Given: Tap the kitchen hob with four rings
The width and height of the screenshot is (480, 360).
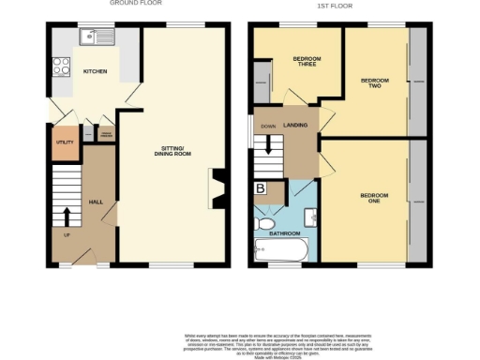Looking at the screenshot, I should click(x=62, y=66).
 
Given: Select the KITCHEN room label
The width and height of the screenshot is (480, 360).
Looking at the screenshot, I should click(x=95, y=71).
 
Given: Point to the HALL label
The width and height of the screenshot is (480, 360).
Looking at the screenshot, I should click(x=96, y=201).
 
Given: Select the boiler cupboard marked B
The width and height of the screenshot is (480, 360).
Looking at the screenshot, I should click(x=261, y=189).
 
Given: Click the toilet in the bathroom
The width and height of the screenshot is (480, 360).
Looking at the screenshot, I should click(x=263, y=222).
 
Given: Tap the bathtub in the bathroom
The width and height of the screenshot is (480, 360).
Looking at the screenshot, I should click(x=281, y=251).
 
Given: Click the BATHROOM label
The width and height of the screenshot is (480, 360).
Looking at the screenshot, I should click(x=285, y=232).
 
